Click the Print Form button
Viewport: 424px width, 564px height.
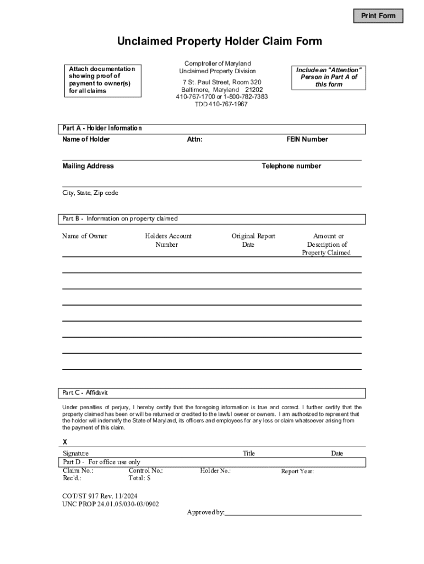tap(378, 16)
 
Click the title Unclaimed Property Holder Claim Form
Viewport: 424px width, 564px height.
tap(219, 42)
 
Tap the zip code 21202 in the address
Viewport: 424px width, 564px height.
tap(254, 90)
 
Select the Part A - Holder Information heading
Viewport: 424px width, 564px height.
tap(102, 128)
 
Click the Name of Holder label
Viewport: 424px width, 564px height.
tap(86, 139)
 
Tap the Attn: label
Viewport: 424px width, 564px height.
tap(195, 139)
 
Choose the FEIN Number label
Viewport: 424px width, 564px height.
tap(307, 139)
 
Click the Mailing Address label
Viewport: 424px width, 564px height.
tap(88, 166)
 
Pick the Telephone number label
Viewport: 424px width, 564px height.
tap(291, 166)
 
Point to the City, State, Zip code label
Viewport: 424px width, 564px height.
tap(90, 193)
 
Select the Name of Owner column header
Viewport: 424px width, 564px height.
tap(85, 236)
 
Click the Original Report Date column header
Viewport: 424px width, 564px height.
tap(253, 240)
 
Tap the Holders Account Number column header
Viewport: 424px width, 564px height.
tap(168, 240)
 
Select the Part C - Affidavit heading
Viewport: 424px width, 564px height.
tap(85, 393)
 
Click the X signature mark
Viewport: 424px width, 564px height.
tap(65, 442)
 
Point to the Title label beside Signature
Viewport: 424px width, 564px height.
tap(249, 454)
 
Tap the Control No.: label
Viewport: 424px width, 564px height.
tap(145, 471)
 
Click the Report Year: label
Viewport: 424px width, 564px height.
tap(297, 471)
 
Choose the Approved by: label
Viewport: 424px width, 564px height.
tap(205, 513)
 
